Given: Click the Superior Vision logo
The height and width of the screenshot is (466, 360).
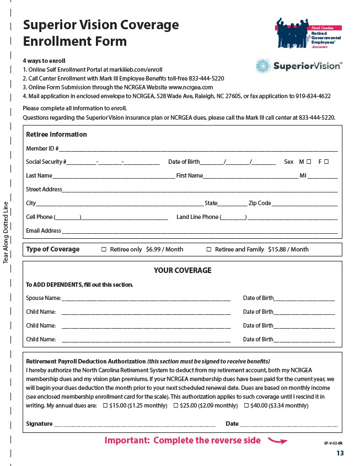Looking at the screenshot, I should (298, 67).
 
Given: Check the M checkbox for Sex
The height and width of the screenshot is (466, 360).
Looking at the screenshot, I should (309, 162).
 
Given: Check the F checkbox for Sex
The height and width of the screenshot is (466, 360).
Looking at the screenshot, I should (326, 162).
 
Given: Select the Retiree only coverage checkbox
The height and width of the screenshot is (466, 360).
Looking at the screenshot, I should (104, 249).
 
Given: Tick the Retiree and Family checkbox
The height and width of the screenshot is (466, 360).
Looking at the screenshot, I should (209, 249).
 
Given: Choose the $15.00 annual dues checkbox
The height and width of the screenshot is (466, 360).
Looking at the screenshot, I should (105, 406).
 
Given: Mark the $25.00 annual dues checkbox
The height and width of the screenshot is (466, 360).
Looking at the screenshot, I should (175, 406).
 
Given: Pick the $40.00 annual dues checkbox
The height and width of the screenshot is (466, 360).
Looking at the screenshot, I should (246, 406).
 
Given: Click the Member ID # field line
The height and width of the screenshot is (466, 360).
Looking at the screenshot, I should (198, 149).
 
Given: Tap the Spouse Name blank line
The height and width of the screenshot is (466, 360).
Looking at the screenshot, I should (146, 298).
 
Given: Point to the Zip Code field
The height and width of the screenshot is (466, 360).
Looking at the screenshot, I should (304, 203).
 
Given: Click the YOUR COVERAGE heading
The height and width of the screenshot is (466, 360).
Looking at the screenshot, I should (182, 270).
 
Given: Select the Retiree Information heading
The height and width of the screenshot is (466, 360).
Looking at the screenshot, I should (56, 135).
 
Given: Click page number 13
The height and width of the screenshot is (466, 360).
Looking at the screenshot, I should (340, 453).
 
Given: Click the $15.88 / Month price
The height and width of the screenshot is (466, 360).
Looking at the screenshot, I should (288, 249).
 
